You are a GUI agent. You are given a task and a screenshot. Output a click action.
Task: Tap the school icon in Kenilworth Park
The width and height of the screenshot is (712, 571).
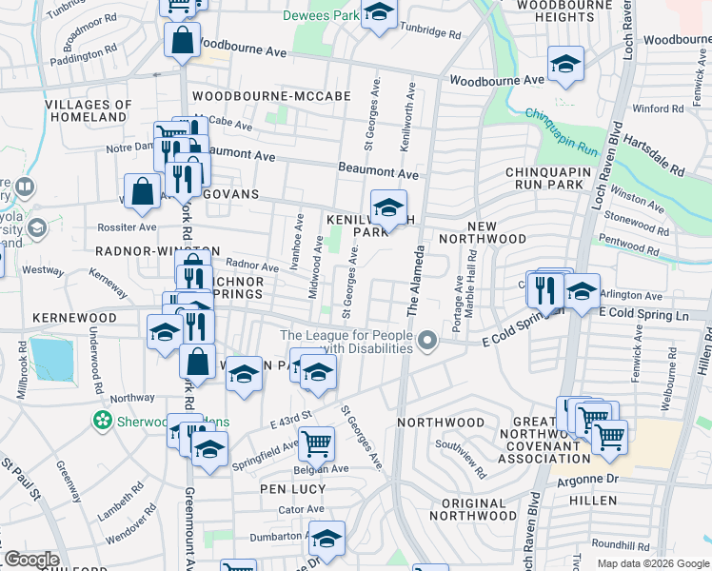(x=388, y=207)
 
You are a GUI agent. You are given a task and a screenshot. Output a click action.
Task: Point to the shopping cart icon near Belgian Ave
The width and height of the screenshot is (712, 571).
(x=316, y=442)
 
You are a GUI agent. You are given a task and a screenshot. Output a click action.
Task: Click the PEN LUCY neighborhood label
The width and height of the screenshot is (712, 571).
(x=294, y=489)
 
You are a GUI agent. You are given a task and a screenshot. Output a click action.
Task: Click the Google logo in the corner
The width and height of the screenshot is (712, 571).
(x=31, y=560)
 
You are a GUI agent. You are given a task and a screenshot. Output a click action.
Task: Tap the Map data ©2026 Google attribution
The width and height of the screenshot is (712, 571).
(x=652, y=563)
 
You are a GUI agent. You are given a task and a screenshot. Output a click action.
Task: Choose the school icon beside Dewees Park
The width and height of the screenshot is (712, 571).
(x=379, y=14)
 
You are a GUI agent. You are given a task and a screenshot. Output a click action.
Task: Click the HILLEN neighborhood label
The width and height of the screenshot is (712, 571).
(x=591, y=500)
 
